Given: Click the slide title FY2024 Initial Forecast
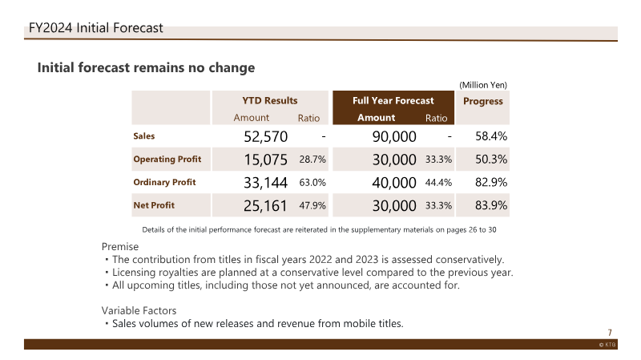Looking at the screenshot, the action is point(95,28).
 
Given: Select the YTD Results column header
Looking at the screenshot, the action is point(270,101).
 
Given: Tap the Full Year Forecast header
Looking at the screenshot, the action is point(393,101).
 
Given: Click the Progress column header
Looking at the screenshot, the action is point(483,102).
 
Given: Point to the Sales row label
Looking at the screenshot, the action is point(144,136).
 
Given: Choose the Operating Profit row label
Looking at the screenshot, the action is point(167,159).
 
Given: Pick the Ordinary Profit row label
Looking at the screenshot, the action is point(164,182).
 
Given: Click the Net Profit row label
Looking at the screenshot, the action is point(154,205).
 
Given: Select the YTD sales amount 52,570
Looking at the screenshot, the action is point(266,136).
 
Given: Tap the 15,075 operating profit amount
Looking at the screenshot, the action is point(266,160).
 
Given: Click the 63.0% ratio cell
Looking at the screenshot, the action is point(312,183).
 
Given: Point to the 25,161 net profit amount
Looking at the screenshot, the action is point(265,205).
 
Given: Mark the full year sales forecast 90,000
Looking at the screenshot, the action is point(394,136).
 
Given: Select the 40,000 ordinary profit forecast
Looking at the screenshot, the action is point(394,183).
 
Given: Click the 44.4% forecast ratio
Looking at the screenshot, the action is point(438,183).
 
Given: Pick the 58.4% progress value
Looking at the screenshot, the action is point(491,136).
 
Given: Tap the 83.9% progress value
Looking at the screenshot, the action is point(491,205).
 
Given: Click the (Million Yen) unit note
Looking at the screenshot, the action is point(483,85).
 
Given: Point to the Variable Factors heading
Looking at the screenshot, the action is point(139,310).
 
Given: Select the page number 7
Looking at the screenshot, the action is point(610,333).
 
